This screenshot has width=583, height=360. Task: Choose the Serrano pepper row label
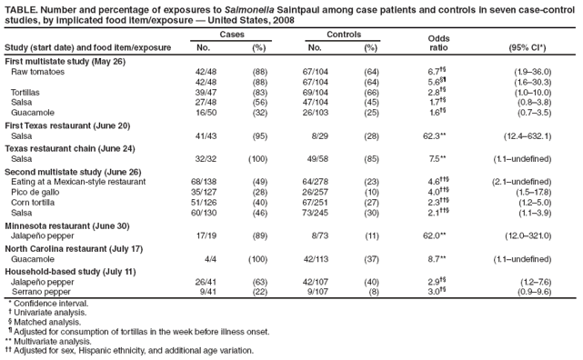pyautogui.click(x=42, y=292)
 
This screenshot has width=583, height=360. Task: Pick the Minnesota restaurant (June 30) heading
pyautogui.click(x=67, y=225)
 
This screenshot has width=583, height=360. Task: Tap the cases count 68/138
pyautogui.click(x=205, y=182)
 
